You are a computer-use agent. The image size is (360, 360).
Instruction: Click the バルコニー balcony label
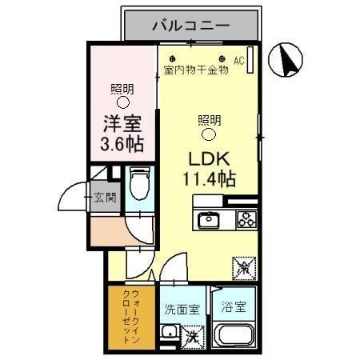click(x=191, y=26)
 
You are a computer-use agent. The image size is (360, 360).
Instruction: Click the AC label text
click(x=238, y=61)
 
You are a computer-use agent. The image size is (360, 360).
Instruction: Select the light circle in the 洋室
click(x=123, y=102)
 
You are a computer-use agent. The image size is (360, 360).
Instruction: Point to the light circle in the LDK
click(x=209, y=134)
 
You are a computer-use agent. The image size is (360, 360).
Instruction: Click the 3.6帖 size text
click(x=122, y=145)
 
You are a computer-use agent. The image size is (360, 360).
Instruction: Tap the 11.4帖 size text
click(x=210, y=178)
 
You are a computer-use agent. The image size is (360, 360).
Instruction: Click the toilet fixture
click(x=140, y=183)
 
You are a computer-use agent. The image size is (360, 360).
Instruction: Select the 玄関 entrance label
click(x=105, y=198)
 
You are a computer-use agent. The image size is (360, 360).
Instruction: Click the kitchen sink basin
click(x=209, y=220)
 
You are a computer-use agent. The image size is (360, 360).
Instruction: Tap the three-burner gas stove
click(x=246, y=220)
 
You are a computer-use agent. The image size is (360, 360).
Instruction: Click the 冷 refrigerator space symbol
click(x=244, y=269)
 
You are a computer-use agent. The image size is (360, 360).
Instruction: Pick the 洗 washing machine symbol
click(x=193, y=337)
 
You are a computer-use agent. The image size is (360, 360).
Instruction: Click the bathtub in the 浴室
click(x=234, y=334)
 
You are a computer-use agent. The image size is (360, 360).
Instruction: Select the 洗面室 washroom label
click(x=182, y=309)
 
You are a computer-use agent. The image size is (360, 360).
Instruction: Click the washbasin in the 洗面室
click(x=170, y=331)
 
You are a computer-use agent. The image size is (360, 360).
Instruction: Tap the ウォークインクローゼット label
click(x=131, y=317)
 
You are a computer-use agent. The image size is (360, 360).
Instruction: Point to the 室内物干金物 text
click(x=196, y=70)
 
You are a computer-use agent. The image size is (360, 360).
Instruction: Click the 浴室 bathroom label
click(x=234, y=307)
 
